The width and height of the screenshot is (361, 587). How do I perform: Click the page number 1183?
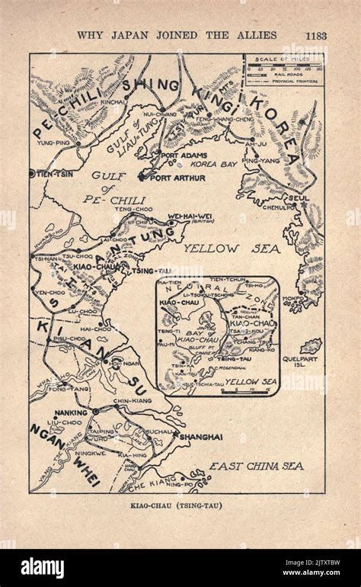(x=316, y=34)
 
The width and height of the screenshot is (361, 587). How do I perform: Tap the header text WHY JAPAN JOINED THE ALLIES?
(x=177, y=34)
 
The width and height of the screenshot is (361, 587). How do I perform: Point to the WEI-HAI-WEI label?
(x=187, y=216)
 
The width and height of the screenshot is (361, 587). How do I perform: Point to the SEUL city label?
(x=299, y=196)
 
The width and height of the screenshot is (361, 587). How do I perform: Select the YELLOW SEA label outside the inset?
(x=232, y=248)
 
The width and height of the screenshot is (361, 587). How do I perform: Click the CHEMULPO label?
(x=277, y=206)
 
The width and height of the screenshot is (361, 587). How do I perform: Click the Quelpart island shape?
(x=311, y=346)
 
